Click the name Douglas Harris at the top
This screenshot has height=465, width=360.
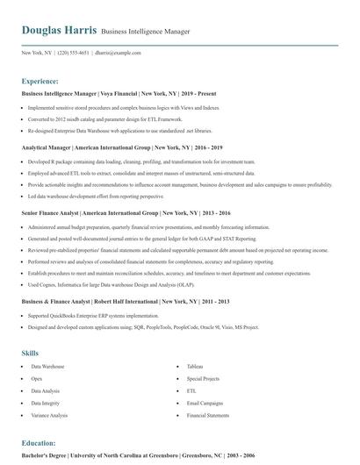click(x=59, y=31)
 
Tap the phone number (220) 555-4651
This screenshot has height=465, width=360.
click(x=73, y=53)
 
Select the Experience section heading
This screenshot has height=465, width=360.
click(x=40, y=80)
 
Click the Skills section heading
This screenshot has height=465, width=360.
click(x=30, y=353)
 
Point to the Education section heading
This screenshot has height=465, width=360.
click(x=39, y=444)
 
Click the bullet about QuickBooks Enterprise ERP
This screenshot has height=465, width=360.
click(x=94, y=315)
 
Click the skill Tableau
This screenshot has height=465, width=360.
click(x=195, y=366)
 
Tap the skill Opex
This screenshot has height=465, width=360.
click(x=38, y=378)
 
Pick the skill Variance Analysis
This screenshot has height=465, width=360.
click(x=49, y=415)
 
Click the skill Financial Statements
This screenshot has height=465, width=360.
click(x=209, y=415)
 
